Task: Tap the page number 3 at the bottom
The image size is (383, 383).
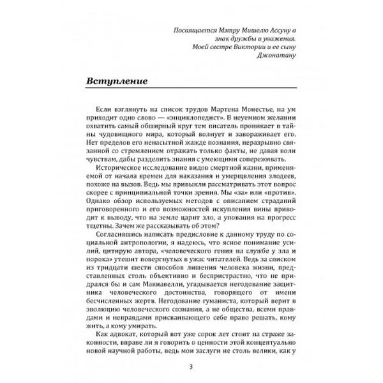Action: [x=191, y=365]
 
